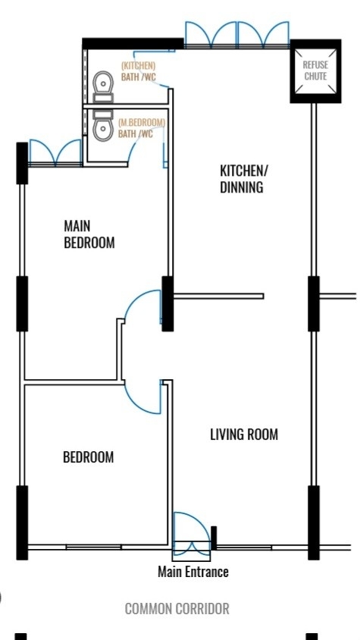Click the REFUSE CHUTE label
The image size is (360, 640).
point(315,71)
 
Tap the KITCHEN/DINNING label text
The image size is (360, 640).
point(242,179)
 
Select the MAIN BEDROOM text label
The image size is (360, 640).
point(89,234)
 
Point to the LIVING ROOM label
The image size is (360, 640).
point(244,435)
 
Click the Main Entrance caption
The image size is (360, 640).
point(193,572)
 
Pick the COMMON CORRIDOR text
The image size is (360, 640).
point(177,609)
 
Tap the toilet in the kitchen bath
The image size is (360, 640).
point(103,86)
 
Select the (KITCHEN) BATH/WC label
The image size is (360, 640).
point(139,71)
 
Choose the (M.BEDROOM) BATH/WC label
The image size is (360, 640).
point(142,128)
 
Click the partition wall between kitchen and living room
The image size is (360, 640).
point(218,296)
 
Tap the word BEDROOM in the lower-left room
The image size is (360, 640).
point(89,456)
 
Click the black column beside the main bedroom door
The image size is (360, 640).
point(167,303)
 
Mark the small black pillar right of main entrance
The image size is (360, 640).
point(214,538)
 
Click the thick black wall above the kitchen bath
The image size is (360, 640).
point(133,44)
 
